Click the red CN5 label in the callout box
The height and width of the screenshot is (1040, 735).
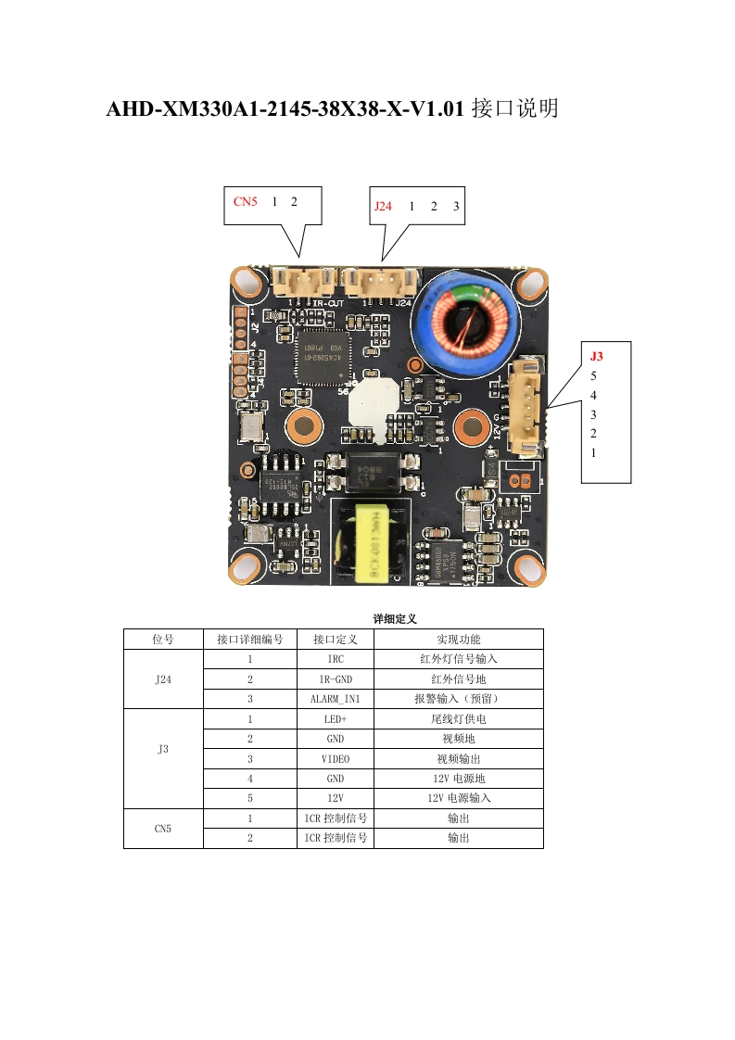245,201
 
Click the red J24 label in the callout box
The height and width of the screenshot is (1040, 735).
383,207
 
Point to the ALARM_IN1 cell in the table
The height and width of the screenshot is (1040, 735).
335,699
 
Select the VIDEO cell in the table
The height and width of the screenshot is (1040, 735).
335,758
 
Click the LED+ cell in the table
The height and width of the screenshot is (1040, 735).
335,719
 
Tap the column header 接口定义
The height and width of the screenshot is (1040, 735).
335,640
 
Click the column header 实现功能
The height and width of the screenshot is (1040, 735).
458,640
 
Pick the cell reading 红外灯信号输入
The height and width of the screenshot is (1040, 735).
458,659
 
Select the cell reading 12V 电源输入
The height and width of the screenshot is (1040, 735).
458,797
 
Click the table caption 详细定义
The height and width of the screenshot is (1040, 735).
395,618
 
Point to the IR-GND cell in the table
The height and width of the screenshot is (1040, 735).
335,679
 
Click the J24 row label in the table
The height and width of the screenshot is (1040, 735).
163,679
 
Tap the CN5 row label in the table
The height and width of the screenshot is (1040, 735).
163,828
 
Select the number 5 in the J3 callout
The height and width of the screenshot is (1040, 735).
593,376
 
